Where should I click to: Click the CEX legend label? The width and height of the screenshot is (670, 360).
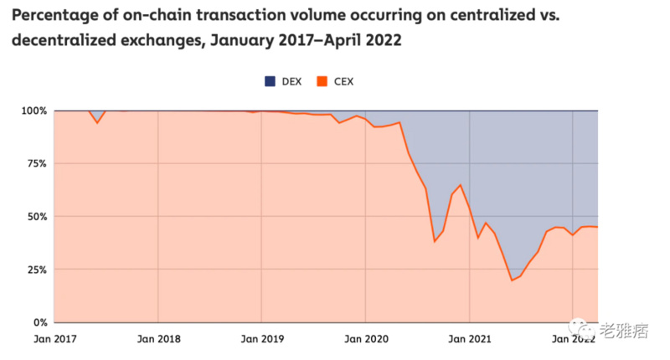[343, 81]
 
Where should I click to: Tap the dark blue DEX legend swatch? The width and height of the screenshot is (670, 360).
[270, 81]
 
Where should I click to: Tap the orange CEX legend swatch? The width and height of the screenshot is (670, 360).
[321, 81]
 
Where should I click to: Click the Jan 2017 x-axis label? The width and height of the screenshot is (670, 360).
[54, 339]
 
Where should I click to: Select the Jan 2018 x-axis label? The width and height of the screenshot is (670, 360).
[158, 339]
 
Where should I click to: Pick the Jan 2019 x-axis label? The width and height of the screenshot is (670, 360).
[262, 339]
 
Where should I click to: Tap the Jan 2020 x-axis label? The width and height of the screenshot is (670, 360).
[366, 339]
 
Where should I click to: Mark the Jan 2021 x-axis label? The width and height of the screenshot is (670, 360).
[469, 339]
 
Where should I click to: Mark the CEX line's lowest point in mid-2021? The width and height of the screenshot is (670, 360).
[512, 280]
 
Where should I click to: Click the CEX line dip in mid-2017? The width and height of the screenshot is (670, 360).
[98, 123]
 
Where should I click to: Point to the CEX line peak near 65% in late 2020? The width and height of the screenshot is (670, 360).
[460, 185]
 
